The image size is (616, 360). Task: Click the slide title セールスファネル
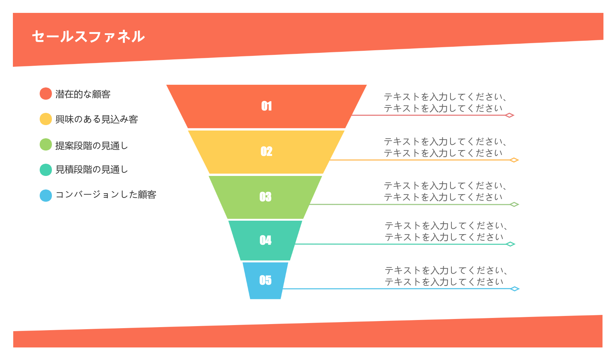[88, 37]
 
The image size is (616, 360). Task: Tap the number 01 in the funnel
[266, 106]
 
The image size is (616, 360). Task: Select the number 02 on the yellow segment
[266, 151]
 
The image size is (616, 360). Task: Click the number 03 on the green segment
[265, 197]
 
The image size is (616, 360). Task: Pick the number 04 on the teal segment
[265, 240]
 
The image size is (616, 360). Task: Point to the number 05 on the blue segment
[265, 280]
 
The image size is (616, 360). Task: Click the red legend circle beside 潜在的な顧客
[46, 94]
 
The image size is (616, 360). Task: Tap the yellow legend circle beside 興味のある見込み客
[46, 119]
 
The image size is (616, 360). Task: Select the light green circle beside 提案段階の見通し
[46, 144]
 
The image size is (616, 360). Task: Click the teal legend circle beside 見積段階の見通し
[46, 170]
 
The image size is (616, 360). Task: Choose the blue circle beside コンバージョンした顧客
[46, 196]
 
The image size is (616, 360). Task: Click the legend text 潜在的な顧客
[83, 94]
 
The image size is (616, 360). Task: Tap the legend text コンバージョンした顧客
[105, 195]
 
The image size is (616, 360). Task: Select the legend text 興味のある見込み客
[96, 119]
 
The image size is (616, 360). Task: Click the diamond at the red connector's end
[509, 115]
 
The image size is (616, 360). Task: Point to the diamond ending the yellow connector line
[514, 160]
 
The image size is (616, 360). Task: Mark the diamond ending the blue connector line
[515, 289]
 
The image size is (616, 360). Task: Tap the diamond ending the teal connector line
[510, 244]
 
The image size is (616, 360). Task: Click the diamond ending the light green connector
[514, 204]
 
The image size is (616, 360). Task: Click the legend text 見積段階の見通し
[92, 169]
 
